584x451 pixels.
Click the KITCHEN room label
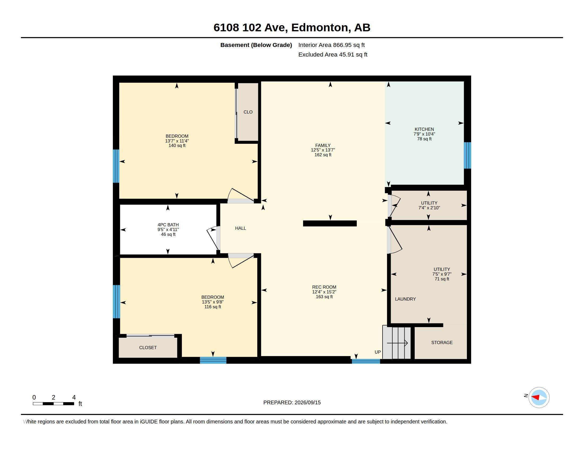(x=424, y=129)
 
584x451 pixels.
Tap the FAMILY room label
(x=323, y=145)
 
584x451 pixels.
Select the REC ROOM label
(x=324, y=287)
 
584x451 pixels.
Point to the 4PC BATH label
(x=168, y=225)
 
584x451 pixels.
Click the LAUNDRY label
(x=405, y=299)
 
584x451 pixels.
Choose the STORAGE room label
(x=442, y=342)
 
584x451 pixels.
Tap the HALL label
(x=241, y=228)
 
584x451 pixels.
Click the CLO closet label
(x=248, y=112)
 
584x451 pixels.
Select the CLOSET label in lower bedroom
(x=148, y=348)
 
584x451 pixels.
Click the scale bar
(x=53, y=404)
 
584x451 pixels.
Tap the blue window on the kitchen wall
(x=467, y=155)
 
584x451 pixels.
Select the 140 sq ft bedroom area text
(x=177, y=146)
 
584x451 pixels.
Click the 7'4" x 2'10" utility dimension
(x=429, y=208)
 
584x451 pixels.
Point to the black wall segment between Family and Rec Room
(x=330, y=223)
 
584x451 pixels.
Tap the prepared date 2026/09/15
(x=307, y=402)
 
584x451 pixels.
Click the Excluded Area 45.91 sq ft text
(x=333, y=54)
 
